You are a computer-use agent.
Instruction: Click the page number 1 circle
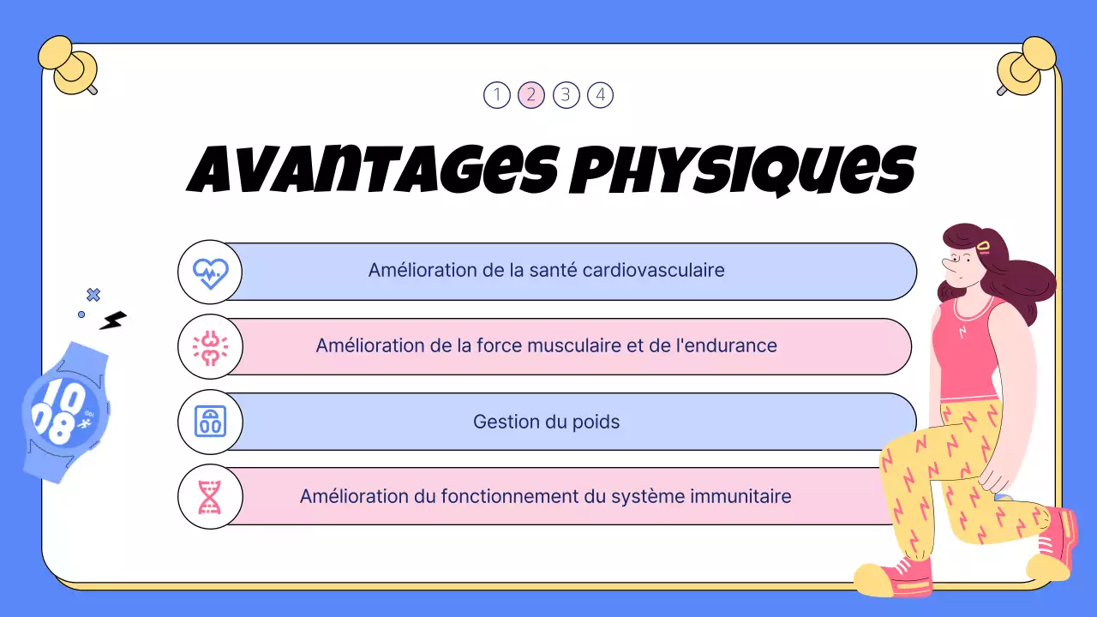496,94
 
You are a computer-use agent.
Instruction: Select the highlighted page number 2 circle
531,94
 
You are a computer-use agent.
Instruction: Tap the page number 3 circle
566,94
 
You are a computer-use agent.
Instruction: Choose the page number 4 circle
600,94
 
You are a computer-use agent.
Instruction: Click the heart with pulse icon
210,273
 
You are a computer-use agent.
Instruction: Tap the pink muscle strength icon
210,347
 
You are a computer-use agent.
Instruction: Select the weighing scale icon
210,422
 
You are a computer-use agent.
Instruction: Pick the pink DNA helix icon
210,496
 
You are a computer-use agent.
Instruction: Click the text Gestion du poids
546,422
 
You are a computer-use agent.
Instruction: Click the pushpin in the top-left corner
72,65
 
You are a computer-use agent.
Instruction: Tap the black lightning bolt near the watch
112,320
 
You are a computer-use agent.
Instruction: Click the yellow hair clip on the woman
983,247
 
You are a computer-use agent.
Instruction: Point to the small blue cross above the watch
93,295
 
